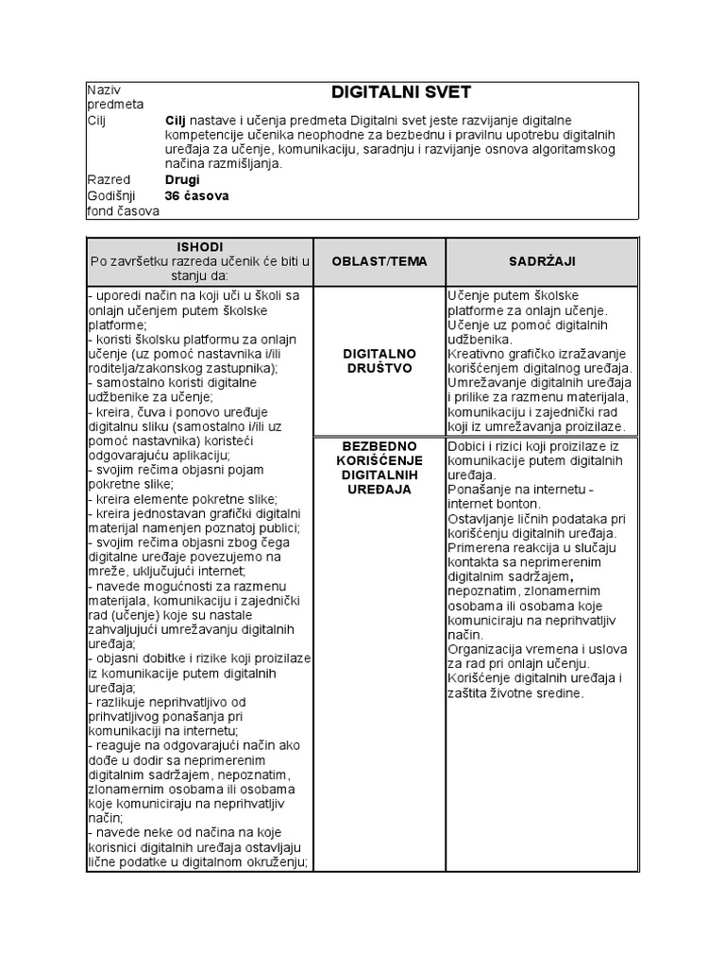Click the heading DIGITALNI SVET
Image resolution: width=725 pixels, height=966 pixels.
click(x=400, y=92)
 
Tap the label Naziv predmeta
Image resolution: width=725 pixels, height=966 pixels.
click(x=114, y=97)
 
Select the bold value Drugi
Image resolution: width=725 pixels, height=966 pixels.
click(x=182, y=179)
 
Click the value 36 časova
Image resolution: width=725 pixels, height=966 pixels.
click(x=196, y=196)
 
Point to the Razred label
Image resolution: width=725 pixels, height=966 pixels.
click(x=109, y=179)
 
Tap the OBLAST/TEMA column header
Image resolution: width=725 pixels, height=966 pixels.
click(x=379, y=261)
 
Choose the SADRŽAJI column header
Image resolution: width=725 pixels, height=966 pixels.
click(x=542, y=261)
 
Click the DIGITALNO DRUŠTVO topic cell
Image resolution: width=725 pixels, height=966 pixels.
click(x=379, y=360)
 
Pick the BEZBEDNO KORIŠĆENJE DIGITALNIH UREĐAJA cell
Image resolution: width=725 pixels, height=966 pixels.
click(x=379, y=467)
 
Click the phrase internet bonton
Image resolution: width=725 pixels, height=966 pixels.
click(x=492, y=504)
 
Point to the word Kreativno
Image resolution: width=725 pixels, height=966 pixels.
click(x=481, y=353)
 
